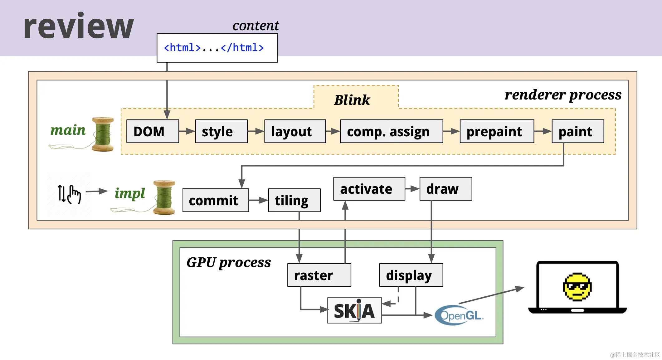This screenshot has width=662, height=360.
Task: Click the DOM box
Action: pos(153,131)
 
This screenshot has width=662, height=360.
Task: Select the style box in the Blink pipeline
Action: pos(221,131)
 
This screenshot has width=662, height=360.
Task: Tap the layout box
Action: pos(295,131)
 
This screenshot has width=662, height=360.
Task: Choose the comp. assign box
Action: pos(392,131)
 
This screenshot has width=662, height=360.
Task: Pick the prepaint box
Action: pos(497,131)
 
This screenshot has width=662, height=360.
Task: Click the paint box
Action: pos(578,131)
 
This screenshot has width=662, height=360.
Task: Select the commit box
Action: pos(216,200)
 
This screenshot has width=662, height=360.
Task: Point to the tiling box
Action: pos(294,200)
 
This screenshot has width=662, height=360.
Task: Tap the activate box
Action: pos(369,189)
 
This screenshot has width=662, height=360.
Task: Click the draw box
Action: pos(446,189)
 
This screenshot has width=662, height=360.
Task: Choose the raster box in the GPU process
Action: pos(319,275)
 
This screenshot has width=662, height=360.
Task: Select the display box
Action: pos(411,275)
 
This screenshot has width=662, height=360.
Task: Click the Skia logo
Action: pos(354,310)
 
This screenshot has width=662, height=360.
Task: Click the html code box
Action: pos(217,48)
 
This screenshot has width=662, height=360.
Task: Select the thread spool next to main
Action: pos(103,134)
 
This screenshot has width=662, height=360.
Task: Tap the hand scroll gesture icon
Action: pos(70,194)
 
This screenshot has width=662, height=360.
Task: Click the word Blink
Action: pos(352,100)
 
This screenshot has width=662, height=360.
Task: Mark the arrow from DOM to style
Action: pos(187,131)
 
